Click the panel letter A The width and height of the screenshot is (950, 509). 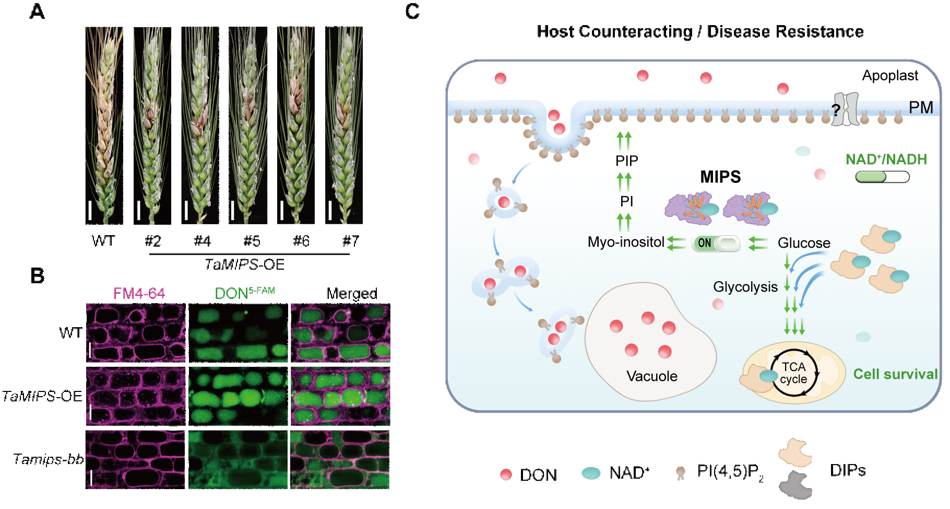pos(37,11)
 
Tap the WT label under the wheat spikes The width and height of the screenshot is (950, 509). pos(103,241)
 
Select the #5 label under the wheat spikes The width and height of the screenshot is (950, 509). pos(252,241)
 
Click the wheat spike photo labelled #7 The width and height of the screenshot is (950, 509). pos(343,125)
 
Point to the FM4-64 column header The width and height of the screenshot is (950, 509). pos(139,293)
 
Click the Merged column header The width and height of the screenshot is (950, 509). pos(352,294)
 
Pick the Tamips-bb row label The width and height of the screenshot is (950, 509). pos(48,459)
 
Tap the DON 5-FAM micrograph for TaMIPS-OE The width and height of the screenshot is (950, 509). pos(238,396)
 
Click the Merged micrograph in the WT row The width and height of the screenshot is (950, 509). pos(340,333)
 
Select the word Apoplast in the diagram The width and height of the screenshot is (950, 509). pos(890,76)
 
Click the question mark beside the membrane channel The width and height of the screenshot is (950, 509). pos(836,110)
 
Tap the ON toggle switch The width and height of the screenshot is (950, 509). pos(716,243)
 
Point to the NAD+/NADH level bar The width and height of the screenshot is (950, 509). pos(882,177)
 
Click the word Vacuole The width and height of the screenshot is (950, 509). pos(652,376)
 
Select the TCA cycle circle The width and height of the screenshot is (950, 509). pos(794,373)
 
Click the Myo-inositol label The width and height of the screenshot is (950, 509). pos(626,242)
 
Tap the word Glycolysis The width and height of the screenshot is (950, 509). pos(745,287)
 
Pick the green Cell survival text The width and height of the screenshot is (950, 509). pos(895,374)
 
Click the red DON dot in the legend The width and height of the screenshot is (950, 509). pos(506,475)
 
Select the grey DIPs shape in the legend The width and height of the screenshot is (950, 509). pos(795,484)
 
